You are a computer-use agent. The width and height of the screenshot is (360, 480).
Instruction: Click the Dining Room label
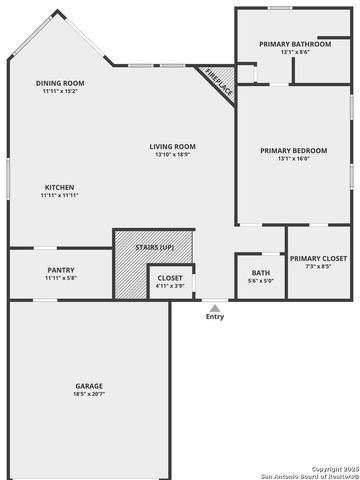(60, 83)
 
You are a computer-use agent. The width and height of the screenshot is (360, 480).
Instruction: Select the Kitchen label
(60, 187)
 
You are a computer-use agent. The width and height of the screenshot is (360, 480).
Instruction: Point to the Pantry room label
(60, 269)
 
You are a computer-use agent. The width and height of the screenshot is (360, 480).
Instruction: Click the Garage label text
(89, 385)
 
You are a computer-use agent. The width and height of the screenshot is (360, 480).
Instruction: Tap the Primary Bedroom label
(293, 150)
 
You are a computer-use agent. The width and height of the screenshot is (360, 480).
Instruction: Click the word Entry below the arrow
(215, 317)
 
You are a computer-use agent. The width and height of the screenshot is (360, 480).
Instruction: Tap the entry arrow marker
(215, 306)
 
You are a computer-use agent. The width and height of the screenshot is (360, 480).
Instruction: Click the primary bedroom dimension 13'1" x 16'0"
(293, 158)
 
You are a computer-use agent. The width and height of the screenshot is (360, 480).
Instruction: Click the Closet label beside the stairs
(170, 278)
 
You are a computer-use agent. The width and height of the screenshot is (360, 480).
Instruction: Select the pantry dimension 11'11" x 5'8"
(60, 277)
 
